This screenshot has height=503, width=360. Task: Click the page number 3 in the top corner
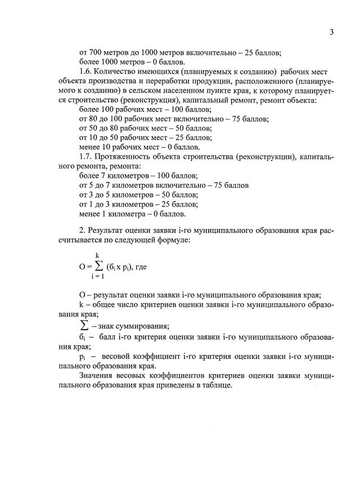(332, 32)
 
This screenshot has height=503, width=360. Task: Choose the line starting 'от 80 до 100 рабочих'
(174, 119)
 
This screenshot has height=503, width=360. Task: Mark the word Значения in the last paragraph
(99, 375)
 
